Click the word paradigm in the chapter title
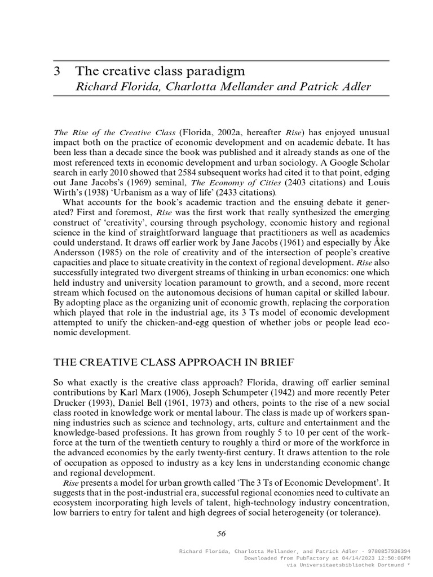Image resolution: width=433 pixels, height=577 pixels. [219, 71]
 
